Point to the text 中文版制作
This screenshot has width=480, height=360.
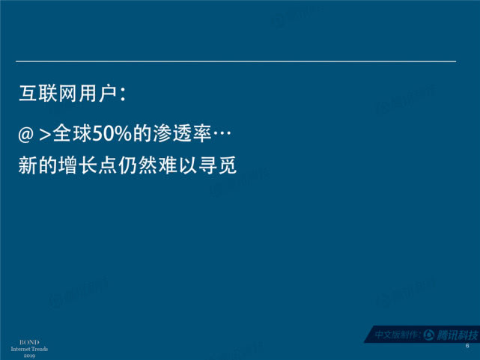[396, 335]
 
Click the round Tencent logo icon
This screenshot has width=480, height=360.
[429, 335]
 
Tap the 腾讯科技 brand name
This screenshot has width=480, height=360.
[457, 335]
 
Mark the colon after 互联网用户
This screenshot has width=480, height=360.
[122, 94]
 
